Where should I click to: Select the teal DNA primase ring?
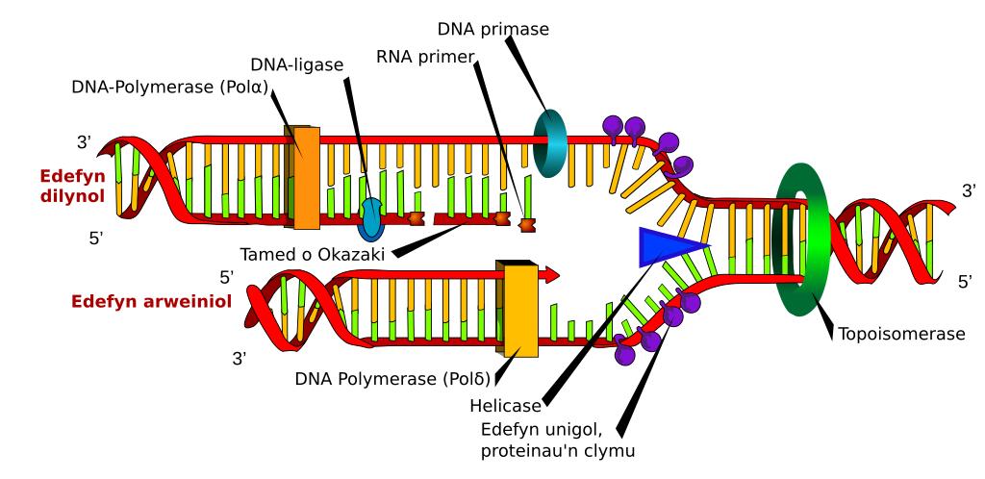[x=551, y=143]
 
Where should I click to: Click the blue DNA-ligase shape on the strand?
[x=370, y=220]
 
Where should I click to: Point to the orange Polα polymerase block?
[x=304, y=177]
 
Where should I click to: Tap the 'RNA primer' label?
[x=424, y=57]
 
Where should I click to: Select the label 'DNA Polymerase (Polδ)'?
[x=389, y=376]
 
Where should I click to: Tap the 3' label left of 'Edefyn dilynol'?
[x=83, y=143]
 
